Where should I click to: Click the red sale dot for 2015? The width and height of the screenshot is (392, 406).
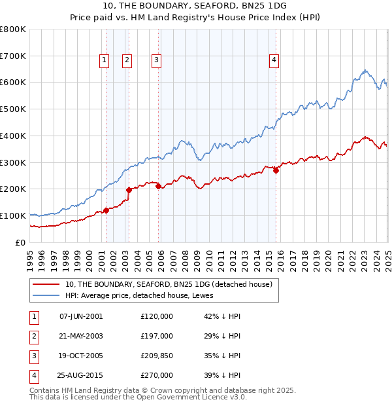coord(276,170)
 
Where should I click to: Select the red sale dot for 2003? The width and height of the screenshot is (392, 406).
coord(129,190)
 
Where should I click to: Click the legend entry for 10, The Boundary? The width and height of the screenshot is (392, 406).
coord(172,284)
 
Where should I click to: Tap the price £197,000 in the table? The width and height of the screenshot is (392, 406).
coord(157,335)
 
